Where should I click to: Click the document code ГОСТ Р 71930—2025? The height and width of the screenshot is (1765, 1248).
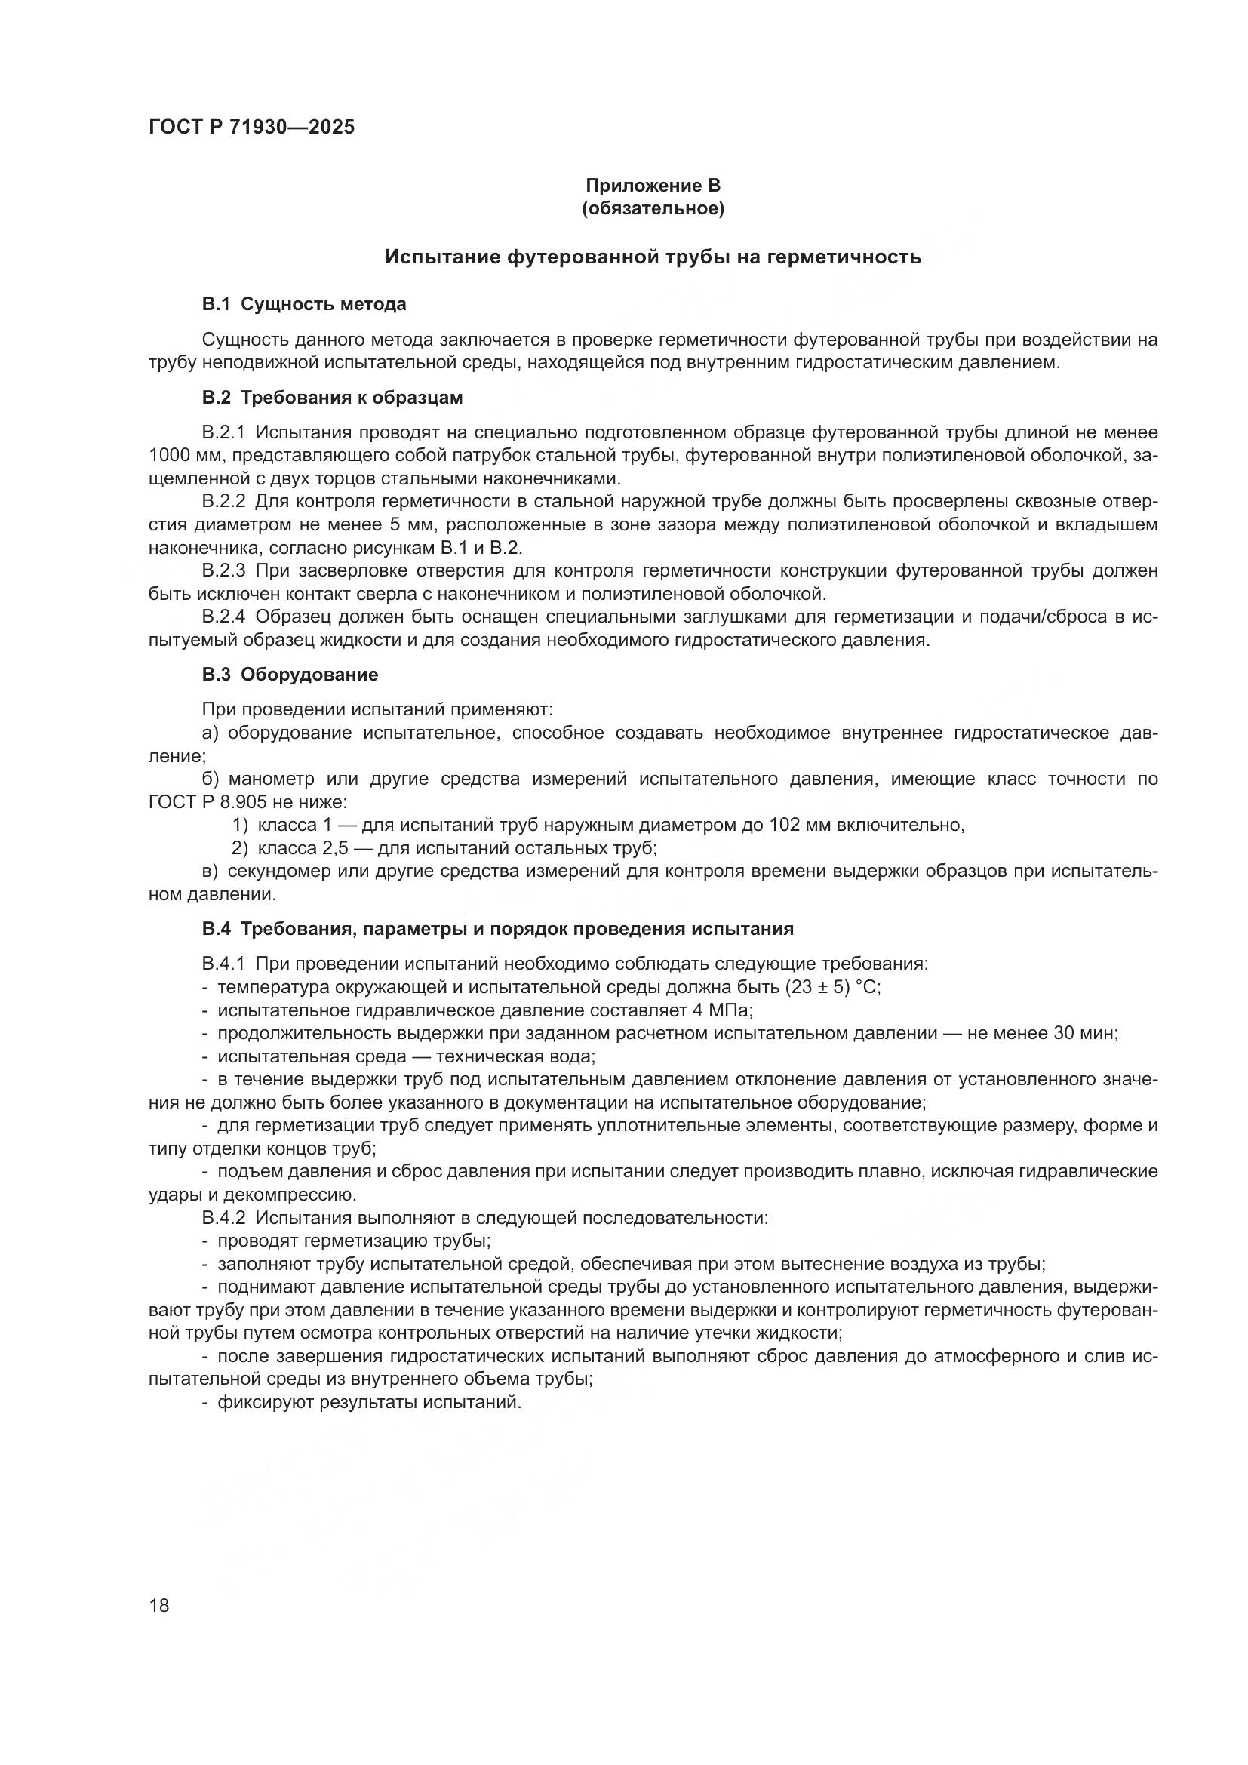coord(251,128)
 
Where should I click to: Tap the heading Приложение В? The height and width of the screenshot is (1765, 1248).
coord(653,186)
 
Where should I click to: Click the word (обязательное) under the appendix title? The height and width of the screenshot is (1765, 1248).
coord(653,208)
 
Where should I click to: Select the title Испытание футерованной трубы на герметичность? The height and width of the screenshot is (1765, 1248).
coord(653,257)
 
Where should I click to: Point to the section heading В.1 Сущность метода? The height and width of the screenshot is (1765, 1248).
coord(304,304)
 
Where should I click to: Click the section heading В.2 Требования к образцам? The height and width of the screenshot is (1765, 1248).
coord(332,398)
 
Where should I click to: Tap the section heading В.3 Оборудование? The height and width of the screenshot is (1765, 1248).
coord(290,675)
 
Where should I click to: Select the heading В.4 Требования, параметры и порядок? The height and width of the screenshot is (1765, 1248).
coord(497,929)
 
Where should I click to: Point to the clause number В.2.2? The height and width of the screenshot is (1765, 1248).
coord(223,502)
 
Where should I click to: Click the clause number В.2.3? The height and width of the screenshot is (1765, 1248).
coord(223,570)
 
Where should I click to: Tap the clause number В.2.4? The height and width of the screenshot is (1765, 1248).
coord(223,617)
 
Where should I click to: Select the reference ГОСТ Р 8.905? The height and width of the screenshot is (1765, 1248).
coord(207,803)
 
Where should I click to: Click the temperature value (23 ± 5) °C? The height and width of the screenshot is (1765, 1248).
coord(834,987)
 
